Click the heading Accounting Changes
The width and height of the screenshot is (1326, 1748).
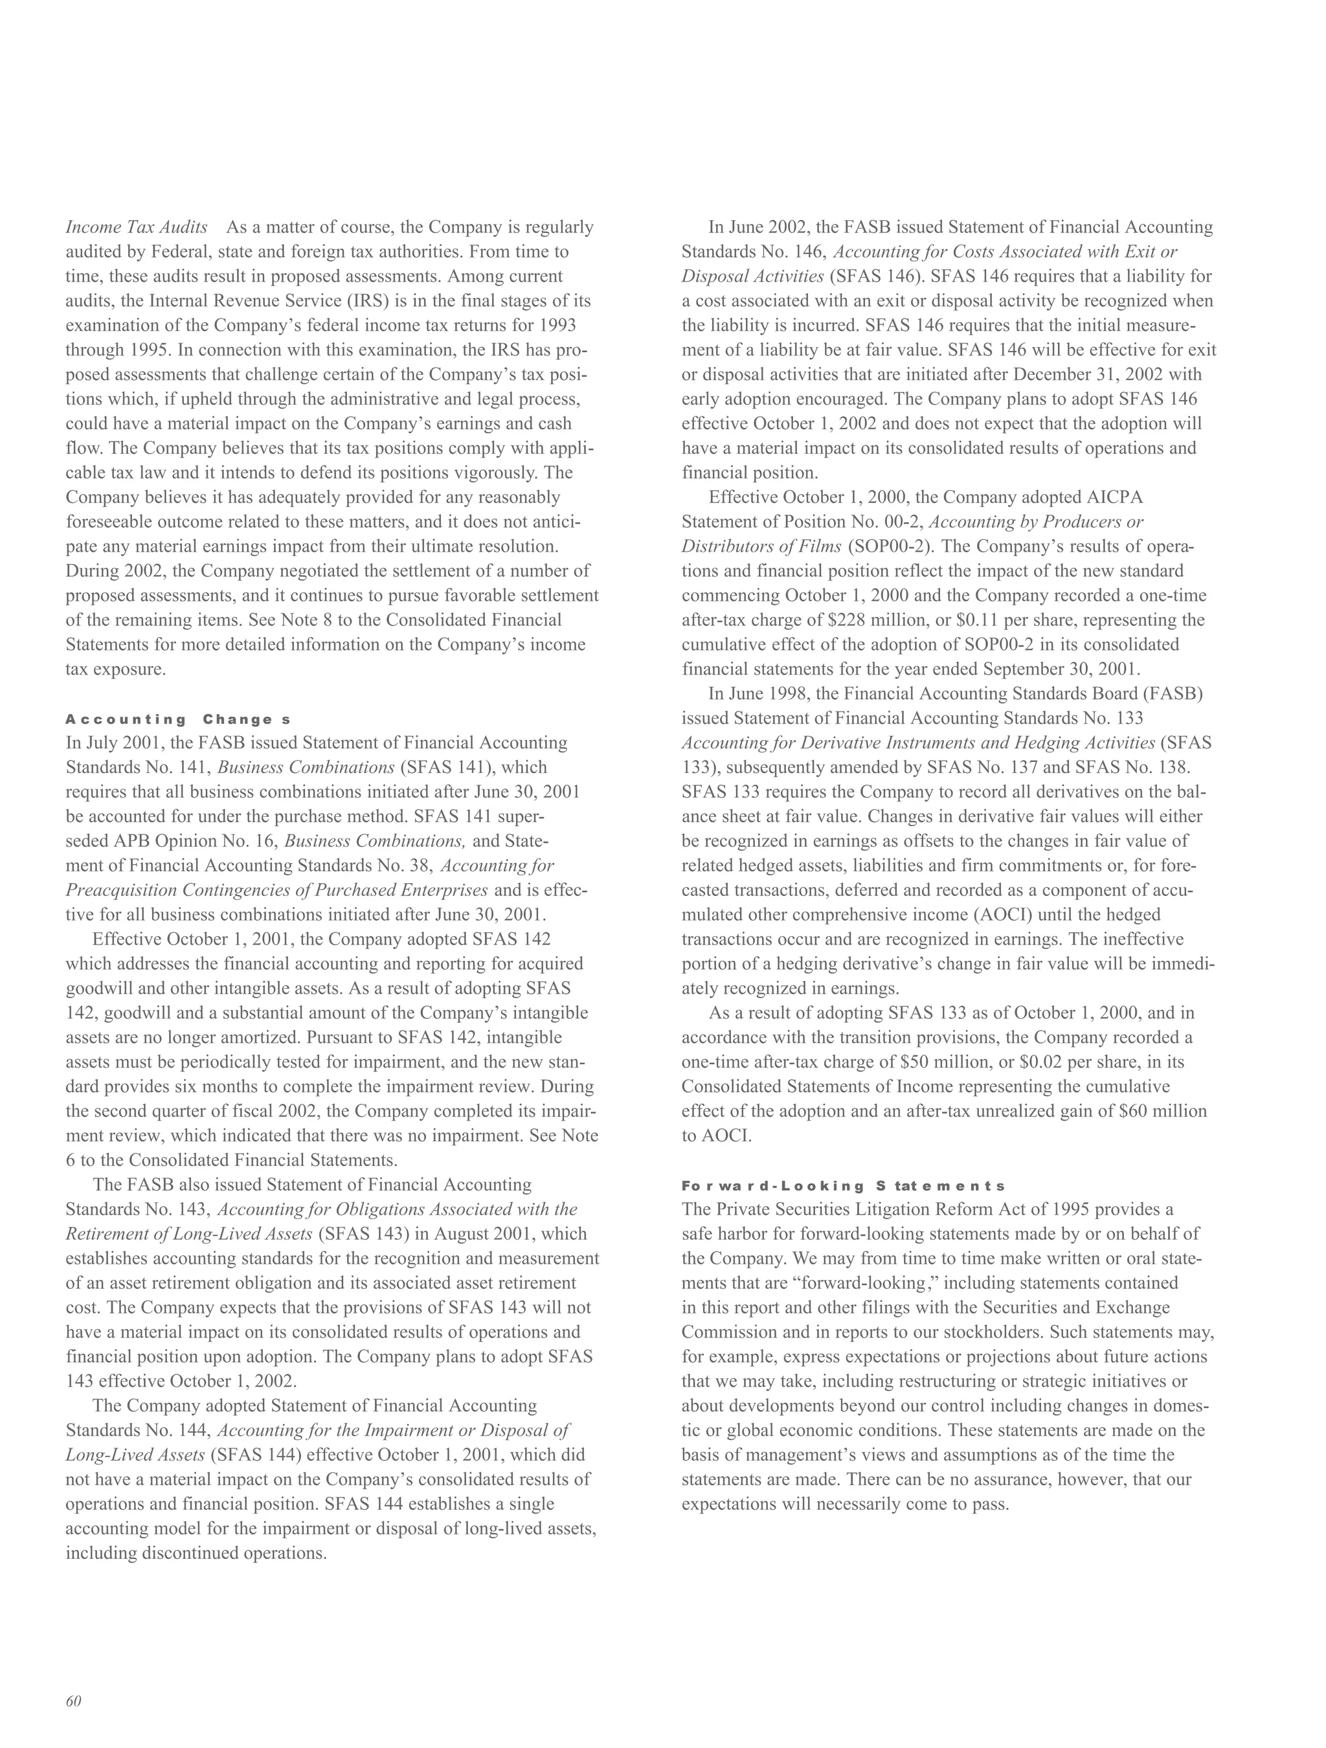point(179,719)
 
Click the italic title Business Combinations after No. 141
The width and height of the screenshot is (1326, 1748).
point(306,767)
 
